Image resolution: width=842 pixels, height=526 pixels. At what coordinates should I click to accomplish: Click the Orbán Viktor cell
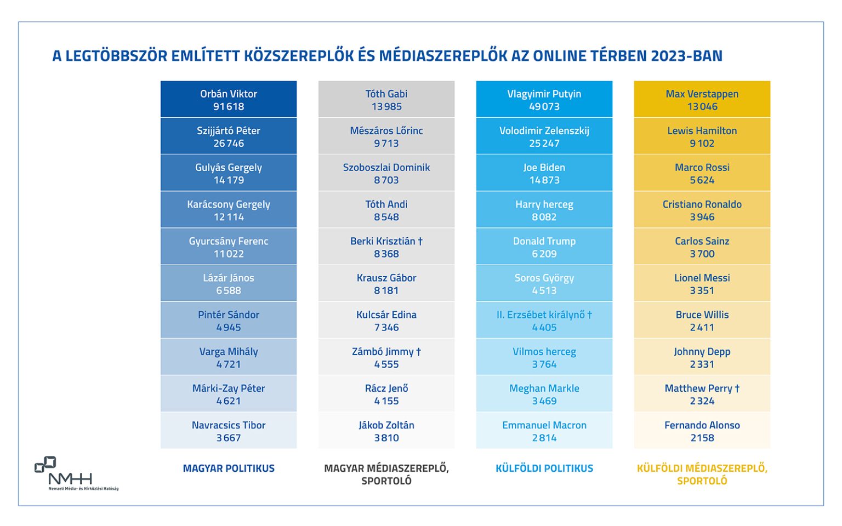229,100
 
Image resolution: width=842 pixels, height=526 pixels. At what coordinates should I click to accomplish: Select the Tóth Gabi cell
386,100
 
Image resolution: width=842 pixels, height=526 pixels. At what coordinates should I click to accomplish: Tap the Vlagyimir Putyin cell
544,100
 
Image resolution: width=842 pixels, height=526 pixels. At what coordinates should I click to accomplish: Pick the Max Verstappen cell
702,100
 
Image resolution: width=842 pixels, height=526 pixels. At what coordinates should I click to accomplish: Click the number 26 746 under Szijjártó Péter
229,144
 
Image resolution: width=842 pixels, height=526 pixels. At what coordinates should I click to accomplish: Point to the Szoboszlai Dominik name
386,167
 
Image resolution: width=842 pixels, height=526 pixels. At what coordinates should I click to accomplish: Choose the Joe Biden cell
544,173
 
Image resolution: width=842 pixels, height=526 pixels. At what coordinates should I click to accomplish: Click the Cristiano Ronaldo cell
702,210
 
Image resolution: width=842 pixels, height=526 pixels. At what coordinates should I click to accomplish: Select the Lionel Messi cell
702,283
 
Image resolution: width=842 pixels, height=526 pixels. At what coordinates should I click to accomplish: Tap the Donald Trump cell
544,247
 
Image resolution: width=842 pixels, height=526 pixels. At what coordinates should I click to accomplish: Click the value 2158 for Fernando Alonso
702,438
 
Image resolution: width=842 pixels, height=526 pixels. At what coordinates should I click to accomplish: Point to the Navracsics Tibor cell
229,431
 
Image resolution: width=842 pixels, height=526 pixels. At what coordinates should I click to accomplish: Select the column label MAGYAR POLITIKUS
229,468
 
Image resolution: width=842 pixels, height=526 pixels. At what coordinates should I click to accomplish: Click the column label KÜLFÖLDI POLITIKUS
544,468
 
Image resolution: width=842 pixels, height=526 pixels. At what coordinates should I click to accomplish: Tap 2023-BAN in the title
686,56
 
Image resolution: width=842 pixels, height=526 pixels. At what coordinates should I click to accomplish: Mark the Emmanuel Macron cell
544,431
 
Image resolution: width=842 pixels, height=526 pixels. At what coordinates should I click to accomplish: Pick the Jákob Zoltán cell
386,431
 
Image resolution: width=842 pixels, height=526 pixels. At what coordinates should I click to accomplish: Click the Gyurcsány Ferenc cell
229,247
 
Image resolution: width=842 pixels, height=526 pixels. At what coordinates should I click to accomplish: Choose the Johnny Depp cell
702,357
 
